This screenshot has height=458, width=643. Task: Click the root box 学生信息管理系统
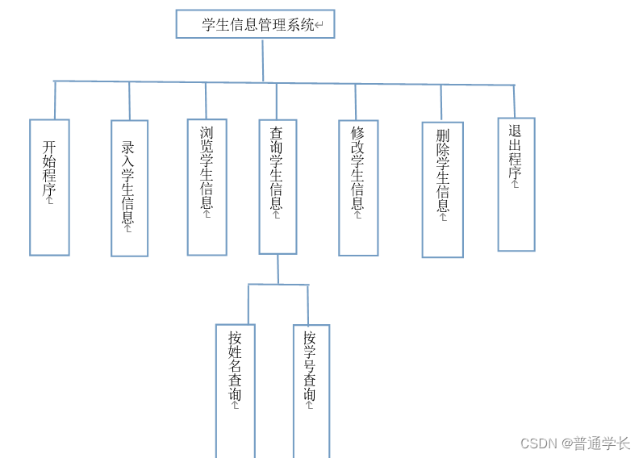(x=255, y=24)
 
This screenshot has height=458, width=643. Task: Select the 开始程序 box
(x=49, y=187)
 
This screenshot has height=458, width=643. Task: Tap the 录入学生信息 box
(x=129, y=188)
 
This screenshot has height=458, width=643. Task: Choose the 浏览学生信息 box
(x=207, y=187)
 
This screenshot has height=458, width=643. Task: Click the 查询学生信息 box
(x=278, y=186)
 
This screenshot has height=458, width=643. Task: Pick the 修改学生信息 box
(x=358, y=187)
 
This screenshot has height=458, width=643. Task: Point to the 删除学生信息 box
(x=442, y=189)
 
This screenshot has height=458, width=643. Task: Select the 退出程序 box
(x=516, y=184)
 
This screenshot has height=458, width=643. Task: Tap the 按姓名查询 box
(x=235, y=390)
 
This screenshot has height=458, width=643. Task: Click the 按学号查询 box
(x=311, y=390)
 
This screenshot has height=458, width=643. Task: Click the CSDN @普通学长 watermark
(x=574, y=443)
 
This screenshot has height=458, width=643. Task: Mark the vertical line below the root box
(x=263, y=60)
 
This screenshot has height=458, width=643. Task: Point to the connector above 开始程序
(x=55, y=100)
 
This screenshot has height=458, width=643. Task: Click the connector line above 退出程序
(x=514, y=101)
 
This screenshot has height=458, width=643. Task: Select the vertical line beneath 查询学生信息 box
(x=278, y=269)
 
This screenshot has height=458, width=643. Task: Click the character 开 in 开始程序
(x=49, y=148)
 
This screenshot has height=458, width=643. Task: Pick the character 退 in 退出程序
(x=516, y=131)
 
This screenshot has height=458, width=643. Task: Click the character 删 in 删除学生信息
(x=442, y=135)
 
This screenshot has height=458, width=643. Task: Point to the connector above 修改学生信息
(x=356, y=102)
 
